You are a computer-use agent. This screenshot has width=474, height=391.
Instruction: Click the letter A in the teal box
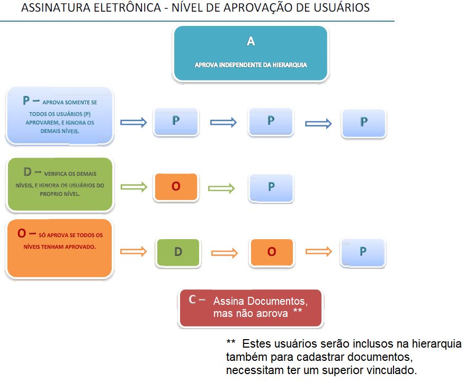point(251,42)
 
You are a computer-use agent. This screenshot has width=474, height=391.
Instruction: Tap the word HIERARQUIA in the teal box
point(290,65)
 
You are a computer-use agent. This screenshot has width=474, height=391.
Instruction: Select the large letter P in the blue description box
point(26,101)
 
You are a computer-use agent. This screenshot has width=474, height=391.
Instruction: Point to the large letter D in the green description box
point(28,171)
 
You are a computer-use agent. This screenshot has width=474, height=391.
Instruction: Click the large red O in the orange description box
point(22,233)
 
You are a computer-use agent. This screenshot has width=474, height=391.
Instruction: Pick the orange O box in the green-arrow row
point(176,187)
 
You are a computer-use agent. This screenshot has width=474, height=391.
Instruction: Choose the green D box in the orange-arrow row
point(178,252)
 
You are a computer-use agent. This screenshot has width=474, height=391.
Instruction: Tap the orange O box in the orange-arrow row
point(272,252)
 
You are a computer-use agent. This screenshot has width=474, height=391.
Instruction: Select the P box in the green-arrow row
point(271,187)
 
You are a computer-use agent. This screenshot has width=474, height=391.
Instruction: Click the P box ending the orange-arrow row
point(363,252)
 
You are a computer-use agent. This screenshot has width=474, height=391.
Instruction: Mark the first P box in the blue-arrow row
point(176,121)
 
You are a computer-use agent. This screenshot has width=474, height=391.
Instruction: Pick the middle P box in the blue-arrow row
point(271,121)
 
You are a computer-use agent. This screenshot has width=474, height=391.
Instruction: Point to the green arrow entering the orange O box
point(133,187)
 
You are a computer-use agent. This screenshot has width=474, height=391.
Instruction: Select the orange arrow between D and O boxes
point(225,252)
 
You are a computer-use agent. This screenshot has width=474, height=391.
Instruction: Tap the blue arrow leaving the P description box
point(133,122)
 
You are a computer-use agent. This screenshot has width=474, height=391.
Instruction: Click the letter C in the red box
point(192,299)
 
